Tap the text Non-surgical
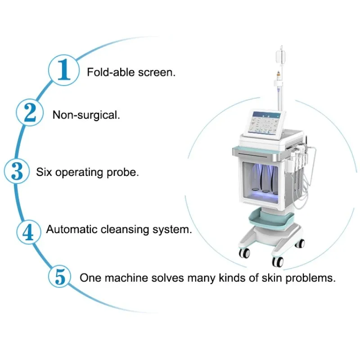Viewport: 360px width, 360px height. coord(86,115)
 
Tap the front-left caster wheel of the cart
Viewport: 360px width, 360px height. coord(245,254)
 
